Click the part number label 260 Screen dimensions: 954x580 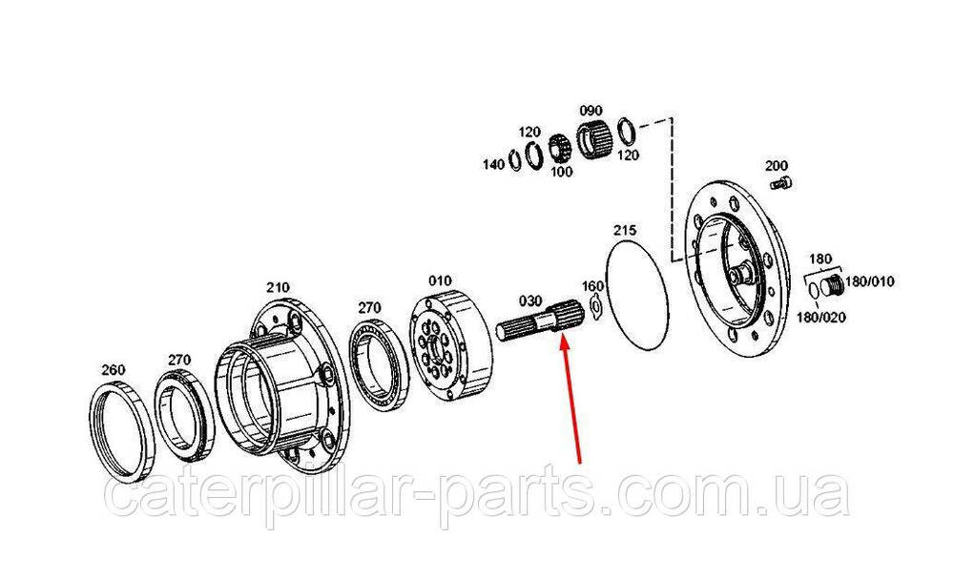point(114,369)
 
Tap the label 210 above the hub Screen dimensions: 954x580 point(278,286)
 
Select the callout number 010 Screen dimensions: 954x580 point(440,280)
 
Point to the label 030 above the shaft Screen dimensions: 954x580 point(529,300)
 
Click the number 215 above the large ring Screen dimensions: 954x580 point(625,230)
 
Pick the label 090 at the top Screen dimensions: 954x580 point(591,110)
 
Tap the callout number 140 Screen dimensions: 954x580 point(493,164)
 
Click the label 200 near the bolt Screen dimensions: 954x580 point(777,165)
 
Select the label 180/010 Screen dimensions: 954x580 point(870,281)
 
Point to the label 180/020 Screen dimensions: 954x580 point(821,317)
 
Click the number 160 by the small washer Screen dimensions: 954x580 point(592,286)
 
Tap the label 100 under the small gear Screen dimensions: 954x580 point(562,172)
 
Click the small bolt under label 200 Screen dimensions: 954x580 point(780,182)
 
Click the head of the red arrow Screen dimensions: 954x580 point(564,339)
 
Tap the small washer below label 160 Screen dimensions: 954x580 point(594,307)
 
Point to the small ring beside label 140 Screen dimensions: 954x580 point(515,160)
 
